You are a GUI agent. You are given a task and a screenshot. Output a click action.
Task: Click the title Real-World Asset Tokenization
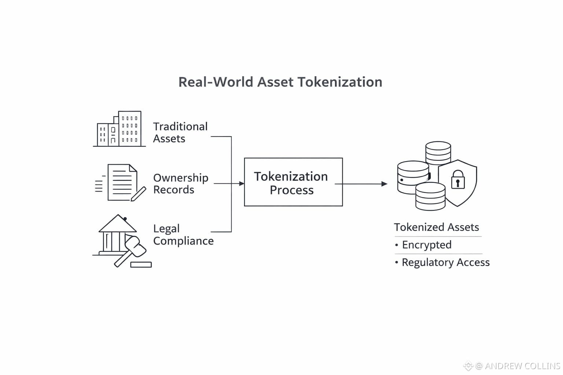280,82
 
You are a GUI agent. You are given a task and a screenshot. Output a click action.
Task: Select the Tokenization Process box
293,182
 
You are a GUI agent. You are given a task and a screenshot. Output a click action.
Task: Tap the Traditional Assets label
180,133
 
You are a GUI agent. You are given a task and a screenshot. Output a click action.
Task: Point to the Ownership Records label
180,183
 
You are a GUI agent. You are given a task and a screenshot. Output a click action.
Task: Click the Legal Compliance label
183,235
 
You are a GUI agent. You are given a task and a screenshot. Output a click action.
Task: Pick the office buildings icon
119,129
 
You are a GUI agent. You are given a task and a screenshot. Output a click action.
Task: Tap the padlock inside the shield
458,179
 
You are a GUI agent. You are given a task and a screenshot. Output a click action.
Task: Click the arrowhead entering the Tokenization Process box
242,183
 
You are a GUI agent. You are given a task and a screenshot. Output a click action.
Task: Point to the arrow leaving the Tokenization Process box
361,184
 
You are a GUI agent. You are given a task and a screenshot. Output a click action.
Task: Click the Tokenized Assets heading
436,227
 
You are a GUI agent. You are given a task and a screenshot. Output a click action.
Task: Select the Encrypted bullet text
427,245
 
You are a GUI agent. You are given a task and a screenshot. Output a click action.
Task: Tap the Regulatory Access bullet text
445,262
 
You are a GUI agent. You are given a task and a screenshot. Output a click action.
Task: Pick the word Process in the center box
292,190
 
